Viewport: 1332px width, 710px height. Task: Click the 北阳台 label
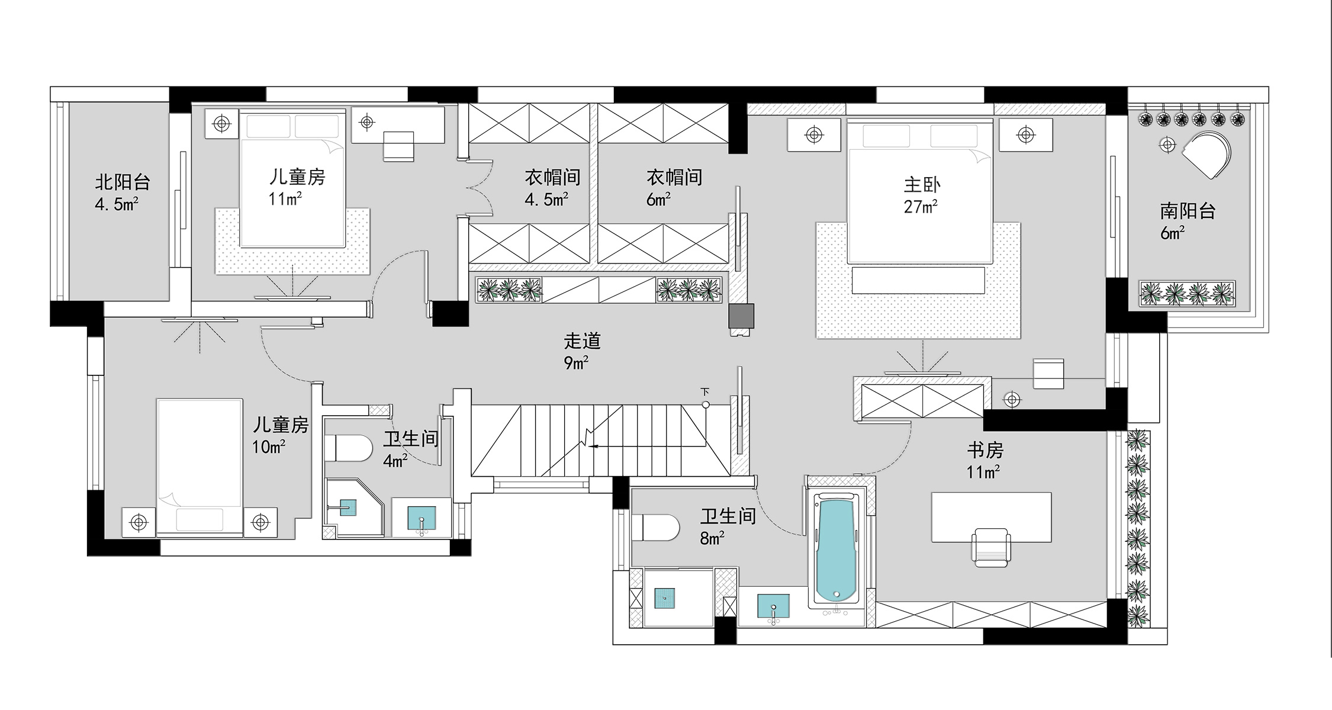(x=123, y=182)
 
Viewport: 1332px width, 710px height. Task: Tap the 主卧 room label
(x=922, y=185)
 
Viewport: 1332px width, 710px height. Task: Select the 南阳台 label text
(x=1188, y=211)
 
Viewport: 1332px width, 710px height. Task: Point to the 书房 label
(x=985, y=451)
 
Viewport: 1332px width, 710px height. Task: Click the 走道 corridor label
(x=582, y=341)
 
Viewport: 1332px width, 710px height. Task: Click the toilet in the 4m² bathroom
(x=348, y=448)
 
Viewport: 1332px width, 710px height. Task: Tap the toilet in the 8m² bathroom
(x=655, y=527)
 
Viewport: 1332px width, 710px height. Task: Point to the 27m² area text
(x=921, y=207)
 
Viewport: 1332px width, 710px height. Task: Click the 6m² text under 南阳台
(x=1172, y=233)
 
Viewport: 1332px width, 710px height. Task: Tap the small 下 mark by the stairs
(x=704, y=392)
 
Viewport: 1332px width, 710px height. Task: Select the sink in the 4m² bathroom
(x=422, y=518)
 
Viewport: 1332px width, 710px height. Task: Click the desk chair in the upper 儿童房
(x=398, y=146)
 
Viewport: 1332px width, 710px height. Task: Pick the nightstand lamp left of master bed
(x=814, y=135)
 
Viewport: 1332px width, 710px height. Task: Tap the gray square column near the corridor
(x=741, y=316)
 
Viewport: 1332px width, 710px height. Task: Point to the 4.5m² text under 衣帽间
(x=546, y=199)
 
